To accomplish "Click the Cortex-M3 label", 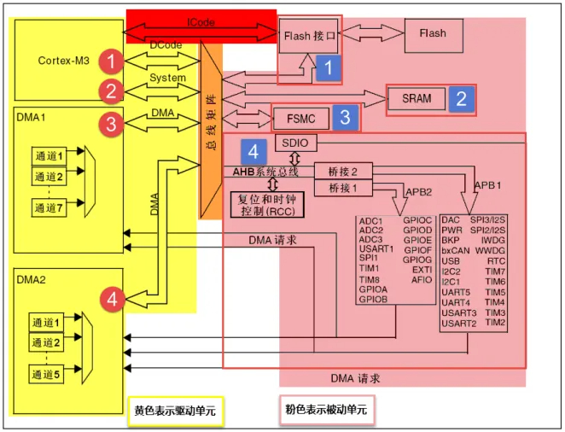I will pos(64,61).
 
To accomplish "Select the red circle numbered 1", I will pos(110,61).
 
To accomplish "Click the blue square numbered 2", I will pos(462,99).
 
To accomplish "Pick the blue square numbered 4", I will pos(253,151).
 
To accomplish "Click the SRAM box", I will pos(417,99).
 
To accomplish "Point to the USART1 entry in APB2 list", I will pos(376,249).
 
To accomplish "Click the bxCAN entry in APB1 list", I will pos(456,250).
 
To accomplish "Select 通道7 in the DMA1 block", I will pos(48,207).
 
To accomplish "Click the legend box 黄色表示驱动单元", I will pos(175,411).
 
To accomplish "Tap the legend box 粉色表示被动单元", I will pos(326,411).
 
